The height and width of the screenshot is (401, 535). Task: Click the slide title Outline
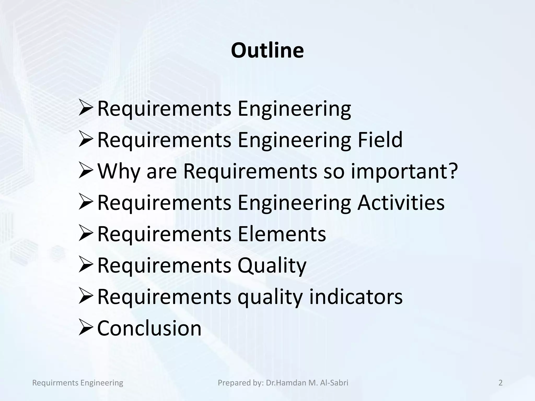267,50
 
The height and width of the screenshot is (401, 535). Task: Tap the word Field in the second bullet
380,140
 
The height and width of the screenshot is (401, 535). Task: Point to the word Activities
401,203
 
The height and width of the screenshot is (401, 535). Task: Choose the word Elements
282,234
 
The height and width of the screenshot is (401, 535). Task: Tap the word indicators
356,297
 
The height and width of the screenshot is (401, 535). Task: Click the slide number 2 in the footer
500,383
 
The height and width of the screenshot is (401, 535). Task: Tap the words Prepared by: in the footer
241,383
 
